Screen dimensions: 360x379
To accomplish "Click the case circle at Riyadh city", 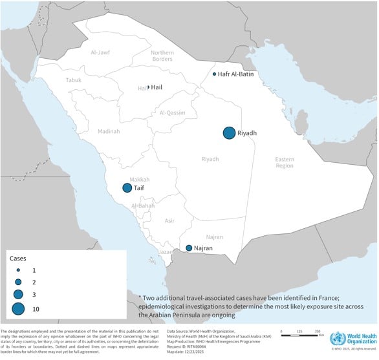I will tap(229, 132).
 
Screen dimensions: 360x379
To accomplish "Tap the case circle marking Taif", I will tap(127, 188).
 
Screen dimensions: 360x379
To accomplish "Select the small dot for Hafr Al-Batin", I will tap(215, 74).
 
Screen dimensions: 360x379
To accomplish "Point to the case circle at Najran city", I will tap(188, 248).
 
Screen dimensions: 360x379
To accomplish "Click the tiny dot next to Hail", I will tap(148, 87).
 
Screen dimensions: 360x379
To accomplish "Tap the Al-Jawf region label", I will tap(102, 52).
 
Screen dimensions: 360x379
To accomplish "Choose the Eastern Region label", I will tap(285, 162).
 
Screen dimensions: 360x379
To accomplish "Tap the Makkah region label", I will tap(140, 179).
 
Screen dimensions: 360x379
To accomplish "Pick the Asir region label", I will tap(169, 220).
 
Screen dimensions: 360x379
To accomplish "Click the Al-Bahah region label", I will tap(142, 206).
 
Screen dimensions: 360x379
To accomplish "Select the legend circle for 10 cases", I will tap(18, 310).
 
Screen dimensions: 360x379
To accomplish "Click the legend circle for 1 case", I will tap(19, 268).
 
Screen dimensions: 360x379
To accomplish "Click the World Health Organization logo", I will tap(351, 338).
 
